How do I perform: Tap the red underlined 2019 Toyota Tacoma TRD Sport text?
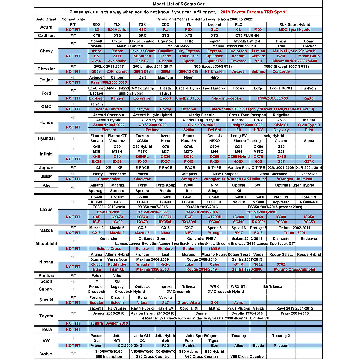[253, 12]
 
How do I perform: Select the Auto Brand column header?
[46, 19]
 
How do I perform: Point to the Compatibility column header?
[73, 19]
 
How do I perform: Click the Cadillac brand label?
[46, 35]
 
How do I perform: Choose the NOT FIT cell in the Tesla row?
[73, 329]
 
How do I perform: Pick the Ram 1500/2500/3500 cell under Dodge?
[109, 82]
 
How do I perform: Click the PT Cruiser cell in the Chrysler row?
[214, 72]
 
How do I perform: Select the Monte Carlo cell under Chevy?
[309, 56]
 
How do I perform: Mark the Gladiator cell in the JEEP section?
[142, 179]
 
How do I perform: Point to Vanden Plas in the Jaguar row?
[238, 168]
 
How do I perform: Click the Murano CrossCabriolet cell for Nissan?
[295, 270]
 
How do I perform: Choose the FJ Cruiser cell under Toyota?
[117, 308]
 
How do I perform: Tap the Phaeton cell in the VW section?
[281, 346]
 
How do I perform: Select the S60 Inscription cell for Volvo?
[109, 357]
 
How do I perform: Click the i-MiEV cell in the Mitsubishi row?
[214, 249]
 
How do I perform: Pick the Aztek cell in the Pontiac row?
[96, 276]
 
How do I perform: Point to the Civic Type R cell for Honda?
[309, 125]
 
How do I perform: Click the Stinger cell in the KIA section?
[214, 191]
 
